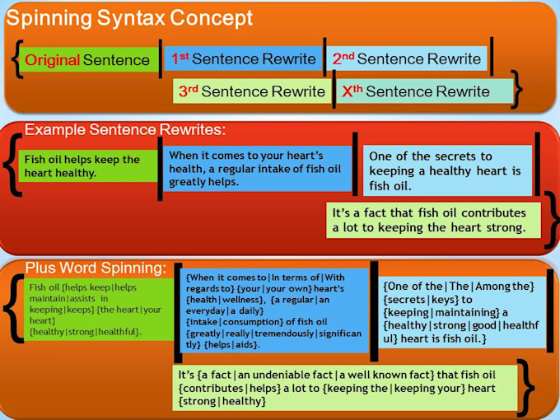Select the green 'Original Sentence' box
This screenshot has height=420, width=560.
87,60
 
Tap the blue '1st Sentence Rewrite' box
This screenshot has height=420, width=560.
243,59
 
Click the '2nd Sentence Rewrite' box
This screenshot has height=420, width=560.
407,59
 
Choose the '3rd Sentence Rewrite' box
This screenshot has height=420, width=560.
252,91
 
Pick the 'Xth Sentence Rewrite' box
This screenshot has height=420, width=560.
423,91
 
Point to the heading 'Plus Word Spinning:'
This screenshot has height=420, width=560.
96,268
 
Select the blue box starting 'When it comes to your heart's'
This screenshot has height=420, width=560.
255,168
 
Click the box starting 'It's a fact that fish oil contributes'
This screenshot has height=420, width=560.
432,219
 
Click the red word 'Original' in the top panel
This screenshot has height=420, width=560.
51,60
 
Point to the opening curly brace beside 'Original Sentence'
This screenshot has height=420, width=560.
17,60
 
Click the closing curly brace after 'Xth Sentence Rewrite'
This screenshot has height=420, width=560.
518,90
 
